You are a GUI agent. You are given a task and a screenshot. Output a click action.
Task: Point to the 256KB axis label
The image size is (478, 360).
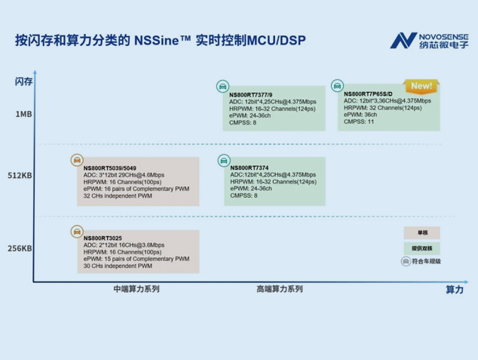[20, 248]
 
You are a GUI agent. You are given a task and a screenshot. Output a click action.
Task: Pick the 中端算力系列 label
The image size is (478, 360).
[136, 289]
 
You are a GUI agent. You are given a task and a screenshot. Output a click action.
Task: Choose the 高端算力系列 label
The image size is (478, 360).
[279, 289]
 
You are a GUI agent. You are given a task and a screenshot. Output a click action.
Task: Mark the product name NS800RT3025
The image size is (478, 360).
[103, 238]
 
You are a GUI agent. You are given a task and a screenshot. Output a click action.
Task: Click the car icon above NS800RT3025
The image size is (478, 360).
[77, 231]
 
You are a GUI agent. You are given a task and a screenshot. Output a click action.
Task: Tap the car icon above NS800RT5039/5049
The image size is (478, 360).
[77, 160]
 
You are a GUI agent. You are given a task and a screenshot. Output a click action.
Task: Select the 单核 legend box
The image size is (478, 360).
[421, 233]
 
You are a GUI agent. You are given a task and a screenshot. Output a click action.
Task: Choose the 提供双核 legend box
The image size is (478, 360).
[421, 248]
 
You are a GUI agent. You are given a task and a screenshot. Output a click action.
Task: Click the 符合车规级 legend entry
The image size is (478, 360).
[421, 261]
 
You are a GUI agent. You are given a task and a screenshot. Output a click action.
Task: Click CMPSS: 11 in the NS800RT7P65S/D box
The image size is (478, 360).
[360, 122]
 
